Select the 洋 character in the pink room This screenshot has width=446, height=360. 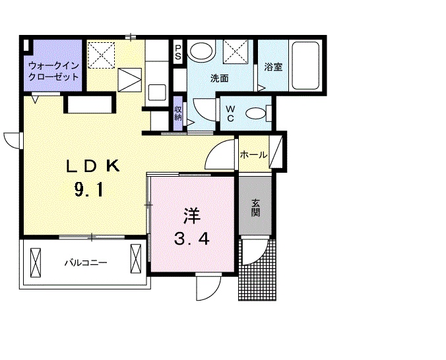[x=191, y=215]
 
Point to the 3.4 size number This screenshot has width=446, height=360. [x=191, y=239]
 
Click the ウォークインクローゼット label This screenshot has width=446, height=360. [x=53, y=71]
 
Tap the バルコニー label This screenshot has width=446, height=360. [x=85, y=262]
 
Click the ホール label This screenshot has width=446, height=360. [x=253, y=156]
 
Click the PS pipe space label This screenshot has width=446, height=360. [x=178, y=53]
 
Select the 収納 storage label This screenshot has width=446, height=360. [x=178, y=113]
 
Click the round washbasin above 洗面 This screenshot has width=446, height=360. [x=201, y=51]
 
